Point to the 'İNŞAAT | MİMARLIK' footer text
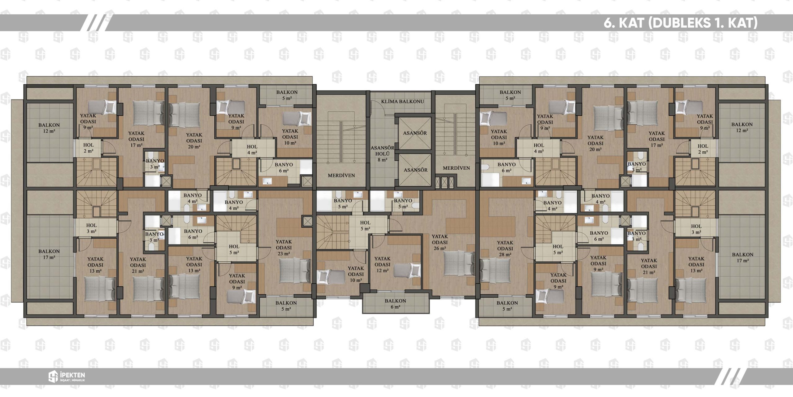pos(72,380)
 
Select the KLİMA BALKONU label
pos(402,101)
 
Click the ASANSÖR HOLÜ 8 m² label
pos(382,154)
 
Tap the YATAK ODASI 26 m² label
pos(440,242)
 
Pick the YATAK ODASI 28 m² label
pos(505,248)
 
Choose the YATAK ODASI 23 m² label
pos(284,248)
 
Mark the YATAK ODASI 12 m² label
pos(382,264)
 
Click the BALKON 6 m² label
pos(395,304)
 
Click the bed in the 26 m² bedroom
pos(458,263)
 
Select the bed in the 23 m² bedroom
pos(294,271)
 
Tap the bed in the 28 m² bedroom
pos(495,271)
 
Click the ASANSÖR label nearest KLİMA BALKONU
pos(415,133)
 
